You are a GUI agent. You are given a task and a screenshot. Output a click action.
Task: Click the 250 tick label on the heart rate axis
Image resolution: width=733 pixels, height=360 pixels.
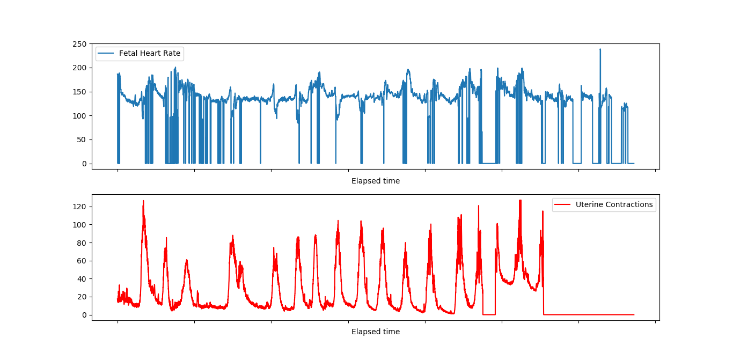(80, 44)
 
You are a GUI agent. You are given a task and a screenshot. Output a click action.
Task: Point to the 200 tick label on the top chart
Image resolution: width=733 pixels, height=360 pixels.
(80, 68)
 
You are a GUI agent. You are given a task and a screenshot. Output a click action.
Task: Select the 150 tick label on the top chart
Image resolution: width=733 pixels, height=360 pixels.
(80, 92)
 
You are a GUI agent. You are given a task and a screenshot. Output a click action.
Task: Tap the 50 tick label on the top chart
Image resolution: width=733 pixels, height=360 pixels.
(82, 140)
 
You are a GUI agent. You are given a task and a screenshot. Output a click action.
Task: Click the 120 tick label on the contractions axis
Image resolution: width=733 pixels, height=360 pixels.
(80, 207)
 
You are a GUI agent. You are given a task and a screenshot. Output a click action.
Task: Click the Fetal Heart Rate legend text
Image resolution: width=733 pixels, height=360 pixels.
(150, 53)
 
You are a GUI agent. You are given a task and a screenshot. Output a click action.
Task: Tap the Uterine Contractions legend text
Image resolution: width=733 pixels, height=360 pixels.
(614, 204)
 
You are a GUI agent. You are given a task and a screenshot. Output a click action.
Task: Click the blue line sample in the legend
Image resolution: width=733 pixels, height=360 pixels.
(106, 53)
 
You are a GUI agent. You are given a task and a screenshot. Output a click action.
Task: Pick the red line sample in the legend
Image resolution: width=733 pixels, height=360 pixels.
(563, 204)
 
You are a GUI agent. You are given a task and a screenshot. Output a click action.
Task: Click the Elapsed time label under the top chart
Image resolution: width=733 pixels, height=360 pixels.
(376, 181)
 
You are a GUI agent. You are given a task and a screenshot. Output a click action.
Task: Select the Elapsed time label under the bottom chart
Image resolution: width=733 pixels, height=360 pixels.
(376, 332)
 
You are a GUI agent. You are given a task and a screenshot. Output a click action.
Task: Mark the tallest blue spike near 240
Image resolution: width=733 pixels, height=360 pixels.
(600, 49)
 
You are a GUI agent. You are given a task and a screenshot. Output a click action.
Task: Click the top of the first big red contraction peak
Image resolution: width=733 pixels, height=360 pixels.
(143, 201)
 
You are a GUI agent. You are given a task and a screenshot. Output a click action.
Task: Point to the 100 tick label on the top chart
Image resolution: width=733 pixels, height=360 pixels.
(80, 116)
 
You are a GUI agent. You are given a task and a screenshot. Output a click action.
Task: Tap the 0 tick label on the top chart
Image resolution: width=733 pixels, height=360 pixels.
(84, 164)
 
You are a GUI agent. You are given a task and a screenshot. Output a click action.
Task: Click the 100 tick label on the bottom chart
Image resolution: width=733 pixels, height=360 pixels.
(80, 225)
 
